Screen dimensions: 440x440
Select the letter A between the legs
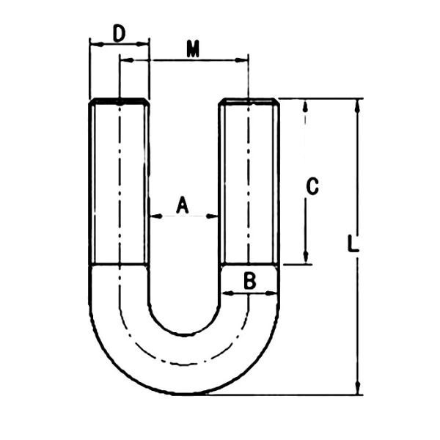183,205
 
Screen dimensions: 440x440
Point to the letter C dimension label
312,186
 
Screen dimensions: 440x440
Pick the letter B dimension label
249,279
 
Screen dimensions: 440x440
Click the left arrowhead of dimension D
94,43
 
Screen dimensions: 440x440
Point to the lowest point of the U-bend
185,394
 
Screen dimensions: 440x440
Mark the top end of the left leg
120,101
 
